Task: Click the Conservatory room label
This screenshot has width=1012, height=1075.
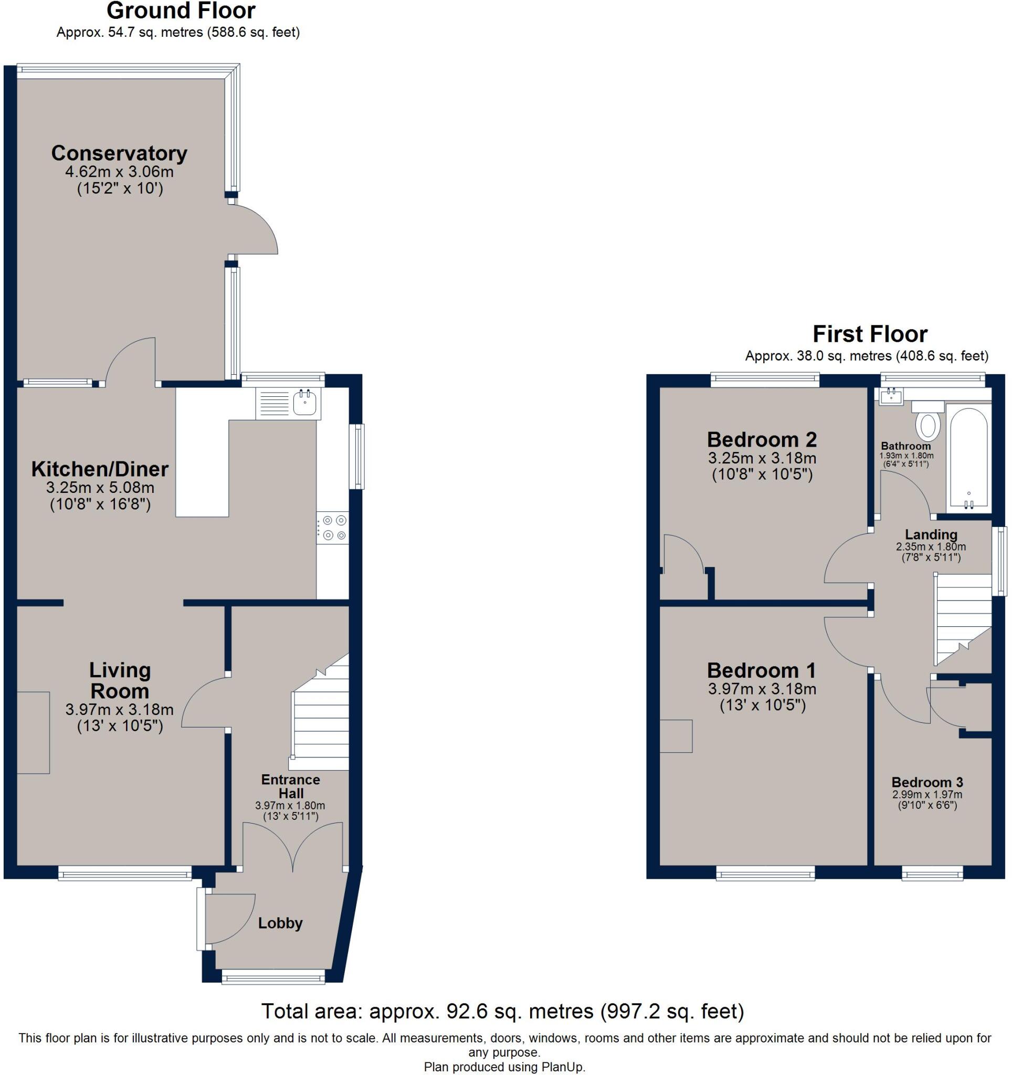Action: [x=119, y=154]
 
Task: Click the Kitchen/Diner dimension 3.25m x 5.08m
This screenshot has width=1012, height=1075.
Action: [x=100, y=487]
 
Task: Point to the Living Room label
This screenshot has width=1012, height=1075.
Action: [x=120, y=680]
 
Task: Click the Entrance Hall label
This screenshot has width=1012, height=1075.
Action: [x=290, y=786]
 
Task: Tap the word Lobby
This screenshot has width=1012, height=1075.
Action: [x=280, y=923]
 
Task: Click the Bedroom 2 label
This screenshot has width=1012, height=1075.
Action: [x=762, y=440]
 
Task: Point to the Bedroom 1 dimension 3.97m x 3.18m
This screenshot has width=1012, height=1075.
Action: [x=762, y=689]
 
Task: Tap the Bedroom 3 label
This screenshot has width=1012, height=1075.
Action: [x=927, y=782]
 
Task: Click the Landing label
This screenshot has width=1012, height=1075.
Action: [x=931, y=534]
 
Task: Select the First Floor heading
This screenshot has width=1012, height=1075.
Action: [x=870, y=334]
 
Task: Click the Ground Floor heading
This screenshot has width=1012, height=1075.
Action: [x=181, y=11]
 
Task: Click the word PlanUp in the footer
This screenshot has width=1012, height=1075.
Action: [x=562, y=1067]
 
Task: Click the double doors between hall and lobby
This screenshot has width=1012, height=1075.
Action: [x=292, y=847]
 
